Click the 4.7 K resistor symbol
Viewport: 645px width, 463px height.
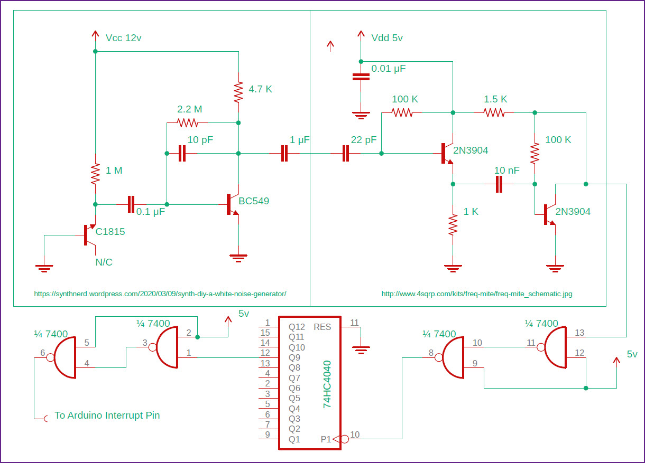(238, 92)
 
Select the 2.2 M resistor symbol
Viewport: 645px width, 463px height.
(188, 123)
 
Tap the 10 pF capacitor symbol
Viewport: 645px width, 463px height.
(182, 154)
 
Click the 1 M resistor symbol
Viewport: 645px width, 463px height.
(95, 174)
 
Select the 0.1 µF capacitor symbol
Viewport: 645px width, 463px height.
(131, 204)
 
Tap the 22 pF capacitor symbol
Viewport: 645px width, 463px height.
(346, 154)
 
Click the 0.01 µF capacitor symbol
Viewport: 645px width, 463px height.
(361, 77)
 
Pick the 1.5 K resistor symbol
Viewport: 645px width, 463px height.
(494, 112)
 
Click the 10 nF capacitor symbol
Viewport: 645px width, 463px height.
(499, 184)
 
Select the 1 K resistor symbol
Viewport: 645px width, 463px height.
(453, 224)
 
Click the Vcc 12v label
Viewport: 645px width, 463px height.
(123, 38)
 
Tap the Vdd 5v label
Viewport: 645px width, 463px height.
(387, 38)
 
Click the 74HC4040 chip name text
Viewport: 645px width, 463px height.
(327, 384)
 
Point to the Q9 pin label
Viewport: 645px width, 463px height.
(294, 357)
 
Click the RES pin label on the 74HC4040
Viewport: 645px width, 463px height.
(322, 327)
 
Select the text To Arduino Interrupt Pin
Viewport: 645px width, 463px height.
(107, 415)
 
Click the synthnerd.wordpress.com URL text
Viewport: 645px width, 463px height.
(160, 294)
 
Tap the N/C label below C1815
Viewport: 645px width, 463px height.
(104, 262)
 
